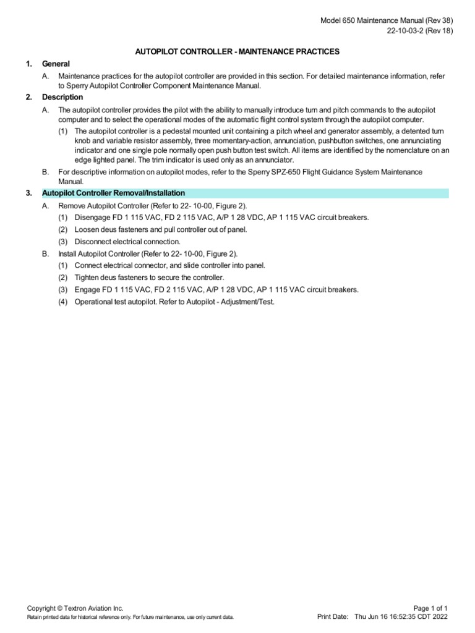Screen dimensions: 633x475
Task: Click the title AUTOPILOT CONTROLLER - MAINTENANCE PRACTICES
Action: [x=237, y=51]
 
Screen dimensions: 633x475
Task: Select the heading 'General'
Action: [x=56, y=64]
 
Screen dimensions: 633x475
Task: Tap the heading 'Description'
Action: [x=62, y=97]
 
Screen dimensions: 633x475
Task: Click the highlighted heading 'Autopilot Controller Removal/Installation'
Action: [x=113, y=193]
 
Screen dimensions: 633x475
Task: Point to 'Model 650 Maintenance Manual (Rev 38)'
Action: [x=387, y=20]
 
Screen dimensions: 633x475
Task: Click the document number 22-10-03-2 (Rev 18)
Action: [x=410, y=31]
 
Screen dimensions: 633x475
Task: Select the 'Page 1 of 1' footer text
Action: [x=430, y=608]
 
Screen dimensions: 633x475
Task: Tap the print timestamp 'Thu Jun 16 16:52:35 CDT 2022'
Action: [x=401, y=617]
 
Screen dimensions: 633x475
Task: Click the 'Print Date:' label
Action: [x=333, y=617]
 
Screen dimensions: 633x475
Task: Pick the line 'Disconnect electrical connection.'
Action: [x=127, y=242]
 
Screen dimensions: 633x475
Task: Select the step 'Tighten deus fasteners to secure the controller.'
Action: [x=149, y=278]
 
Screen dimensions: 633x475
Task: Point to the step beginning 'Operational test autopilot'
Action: [x=174, y=302]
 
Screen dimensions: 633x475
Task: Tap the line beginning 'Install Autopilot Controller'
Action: [x=148, y=253]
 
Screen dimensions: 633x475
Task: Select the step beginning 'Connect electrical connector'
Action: [x=170, y=265]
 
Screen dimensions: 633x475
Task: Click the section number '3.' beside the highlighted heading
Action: [x=29, y=193]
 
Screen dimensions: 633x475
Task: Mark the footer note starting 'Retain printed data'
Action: [x=131, y=618]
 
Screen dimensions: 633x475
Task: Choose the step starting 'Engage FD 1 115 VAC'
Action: [x=216, y=289]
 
